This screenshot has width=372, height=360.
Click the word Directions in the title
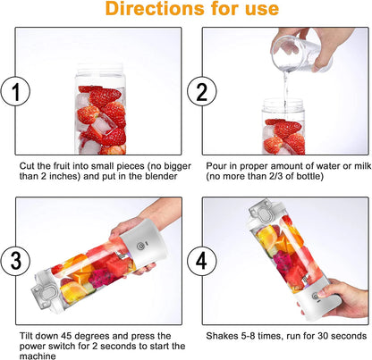pos(151,11)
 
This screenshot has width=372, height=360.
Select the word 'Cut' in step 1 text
pos(28,166)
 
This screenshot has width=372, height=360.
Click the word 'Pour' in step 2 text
pos(215,166)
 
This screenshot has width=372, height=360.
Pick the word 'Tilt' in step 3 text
pos(26,337)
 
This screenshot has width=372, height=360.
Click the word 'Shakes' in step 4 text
pos(221,337)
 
